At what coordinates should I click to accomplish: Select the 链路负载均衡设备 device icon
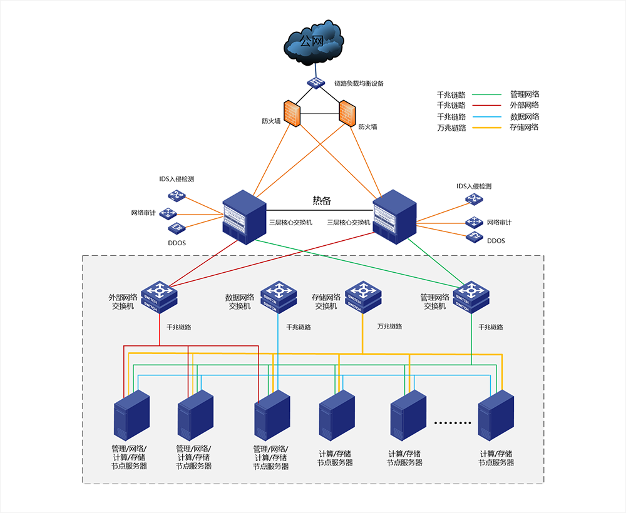click(x=317, y=83)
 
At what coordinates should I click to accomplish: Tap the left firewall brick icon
click(x=292, y=112)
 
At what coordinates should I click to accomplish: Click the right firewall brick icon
click(x=347, y=113)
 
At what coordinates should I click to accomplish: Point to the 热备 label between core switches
click(x=322, y=201)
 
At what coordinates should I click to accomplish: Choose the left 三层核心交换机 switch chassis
click(x=244, y=215)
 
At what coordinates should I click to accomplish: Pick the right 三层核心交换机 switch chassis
click(x=394, y=215)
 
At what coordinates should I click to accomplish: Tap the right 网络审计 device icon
click(x=474, y=221)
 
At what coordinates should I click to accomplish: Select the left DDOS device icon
click(x=172, y=228)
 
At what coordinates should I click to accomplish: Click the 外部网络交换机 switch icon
click(x=160, y=296)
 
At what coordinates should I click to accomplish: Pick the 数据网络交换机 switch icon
click(x=278, y=296)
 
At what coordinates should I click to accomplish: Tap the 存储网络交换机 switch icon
click(x=363, y=296)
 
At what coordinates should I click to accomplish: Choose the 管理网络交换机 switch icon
click(x=471, y=296)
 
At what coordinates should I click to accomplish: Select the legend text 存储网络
click(x=524, y=128)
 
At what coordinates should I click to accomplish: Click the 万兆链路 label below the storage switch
click(x=390, y=327)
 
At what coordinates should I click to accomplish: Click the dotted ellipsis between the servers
click(x=452, y=424)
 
